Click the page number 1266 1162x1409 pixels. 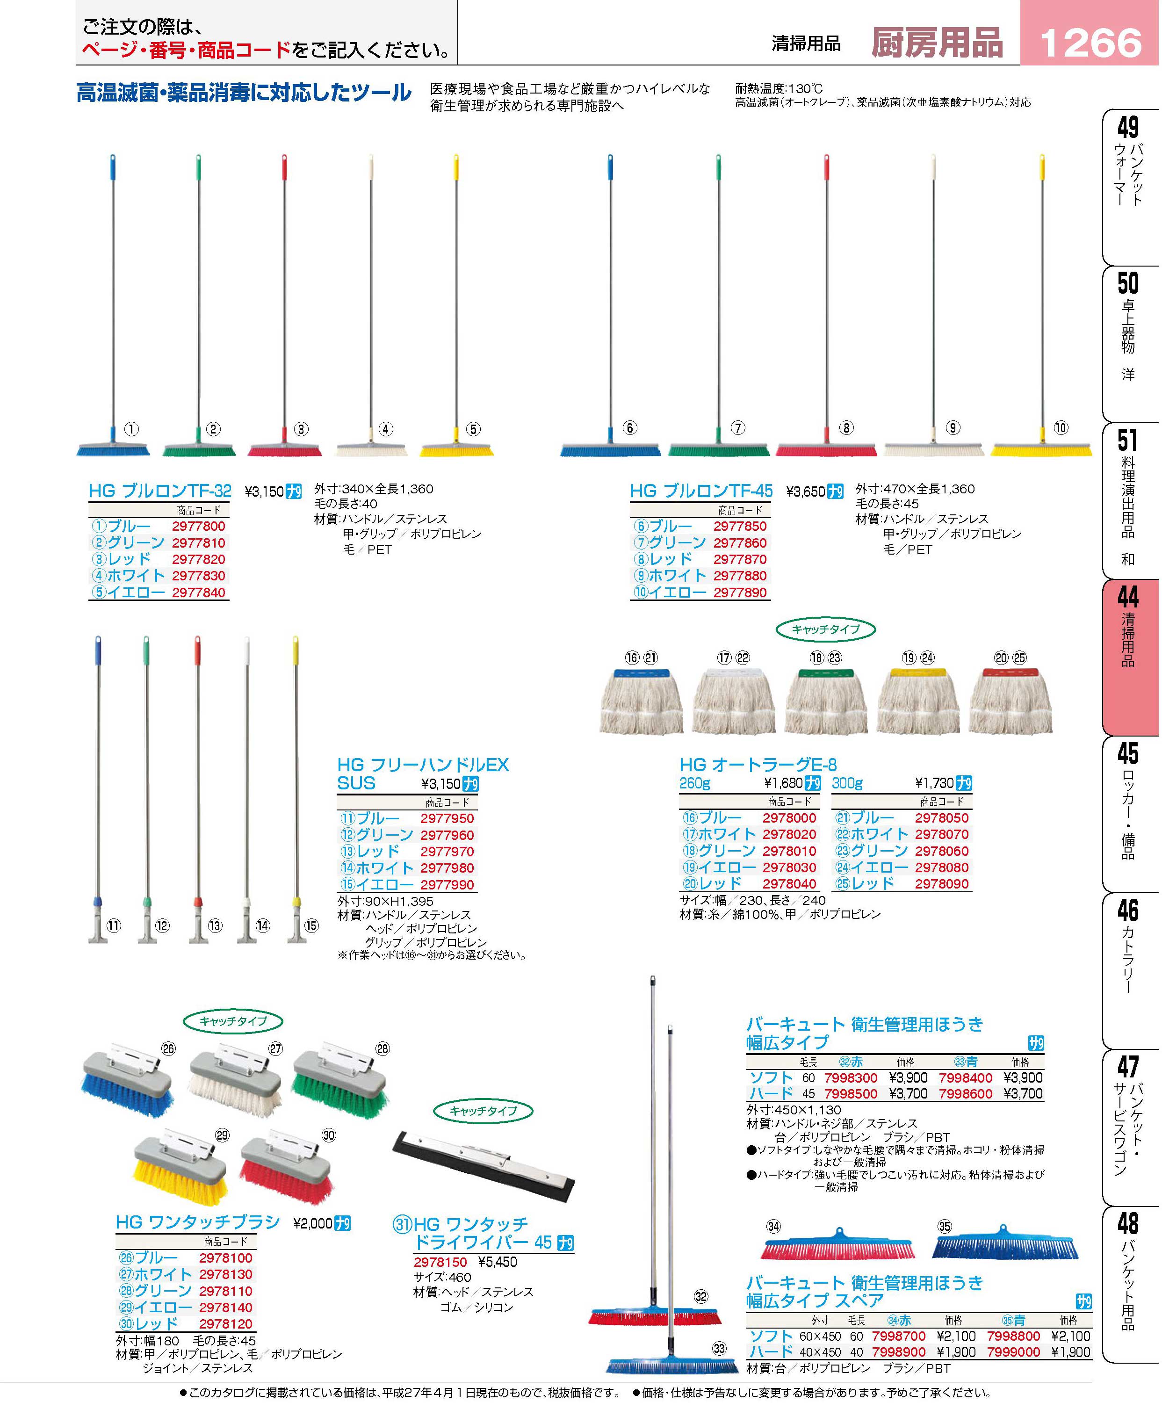tap(1090, 43)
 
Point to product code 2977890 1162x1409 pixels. tap(740, 593)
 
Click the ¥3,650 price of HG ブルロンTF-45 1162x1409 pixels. tap(806, 492)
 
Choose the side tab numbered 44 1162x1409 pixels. tap(1128, 596)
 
